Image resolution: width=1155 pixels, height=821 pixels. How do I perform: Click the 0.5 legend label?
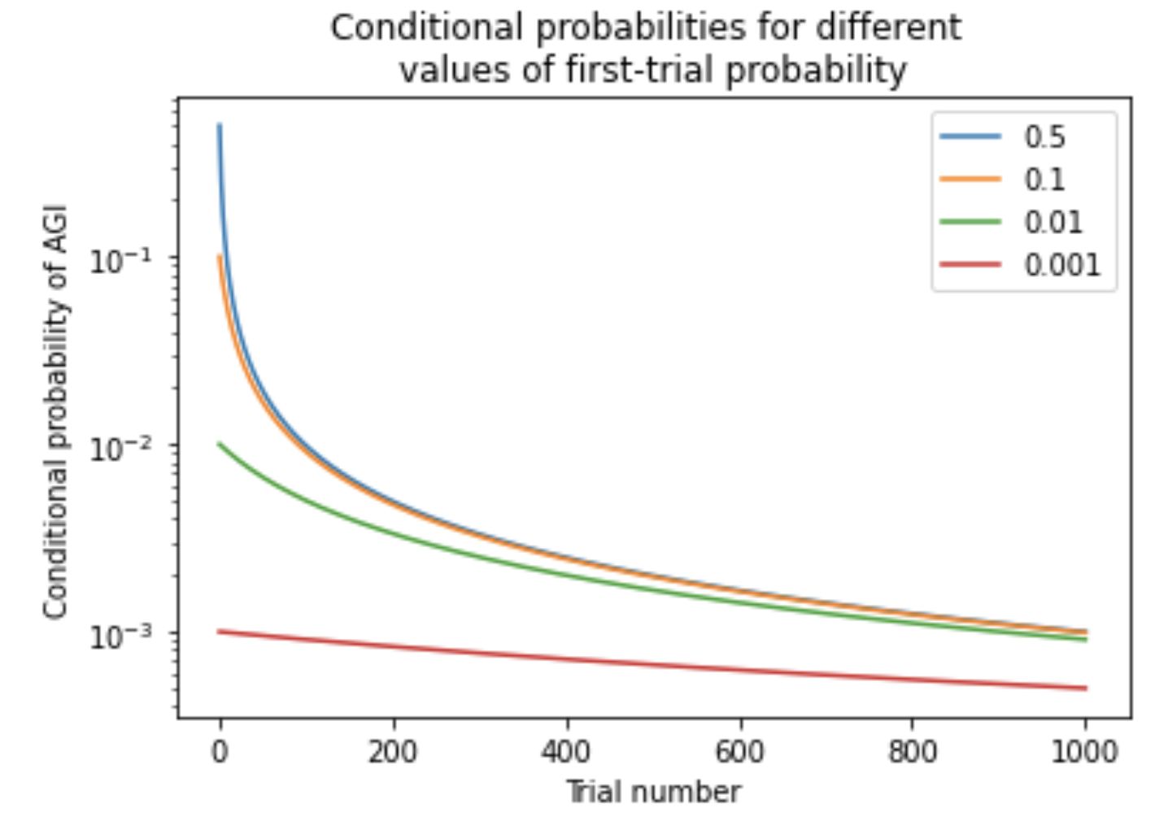point(1044,137)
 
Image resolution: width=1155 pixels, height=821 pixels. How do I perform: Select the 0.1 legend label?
point(1044,180)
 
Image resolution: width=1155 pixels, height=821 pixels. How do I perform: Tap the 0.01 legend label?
point(1053,222)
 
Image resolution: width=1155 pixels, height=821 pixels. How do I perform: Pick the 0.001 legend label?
point(1061,265)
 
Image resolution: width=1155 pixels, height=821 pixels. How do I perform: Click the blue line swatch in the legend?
point(970,137)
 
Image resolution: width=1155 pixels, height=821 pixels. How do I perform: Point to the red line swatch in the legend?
point(970,264)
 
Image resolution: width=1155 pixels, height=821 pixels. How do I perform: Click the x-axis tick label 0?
point(220,752)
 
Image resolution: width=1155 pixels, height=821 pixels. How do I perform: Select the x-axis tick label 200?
point(393,752)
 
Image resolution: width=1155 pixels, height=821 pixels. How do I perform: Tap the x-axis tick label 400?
point(566,752)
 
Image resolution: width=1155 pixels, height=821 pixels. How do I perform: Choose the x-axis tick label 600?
point(739,752)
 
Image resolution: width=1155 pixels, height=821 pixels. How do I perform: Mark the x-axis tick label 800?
point(912,752)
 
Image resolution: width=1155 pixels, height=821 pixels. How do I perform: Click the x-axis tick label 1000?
point(1085,752)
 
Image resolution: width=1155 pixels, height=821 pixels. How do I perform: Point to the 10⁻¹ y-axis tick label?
point(120,261)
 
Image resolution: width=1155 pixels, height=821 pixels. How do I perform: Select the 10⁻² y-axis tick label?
point(120,448)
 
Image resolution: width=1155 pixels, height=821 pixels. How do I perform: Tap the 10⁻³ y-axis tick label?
point(120,636)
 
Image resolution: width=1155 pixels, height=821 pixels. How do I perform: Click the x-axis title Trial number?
point(653,792)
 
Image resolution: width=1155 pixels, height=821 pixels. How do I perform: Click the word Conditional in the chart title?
point(426,28)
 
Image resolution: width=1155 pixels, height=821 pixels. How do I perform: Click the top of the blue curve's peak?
point(220,126)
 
